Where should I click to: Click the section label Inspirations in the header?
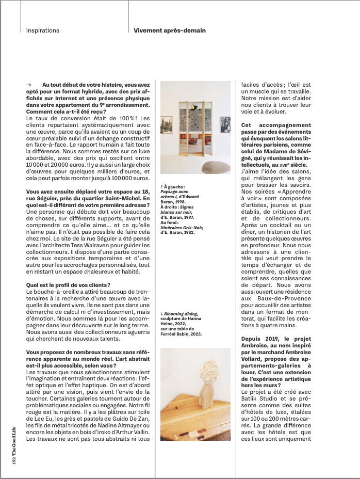[43, 30]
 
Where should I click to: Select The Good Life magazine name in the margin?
[15, 441]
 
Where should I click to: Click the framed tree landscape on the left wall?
[168, 126]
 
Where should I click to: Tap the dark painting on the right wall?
[225, 124]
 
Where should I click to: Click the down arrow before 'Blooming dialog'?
[162, 314]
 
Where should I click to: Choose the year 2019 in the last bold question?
[276, 338]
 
